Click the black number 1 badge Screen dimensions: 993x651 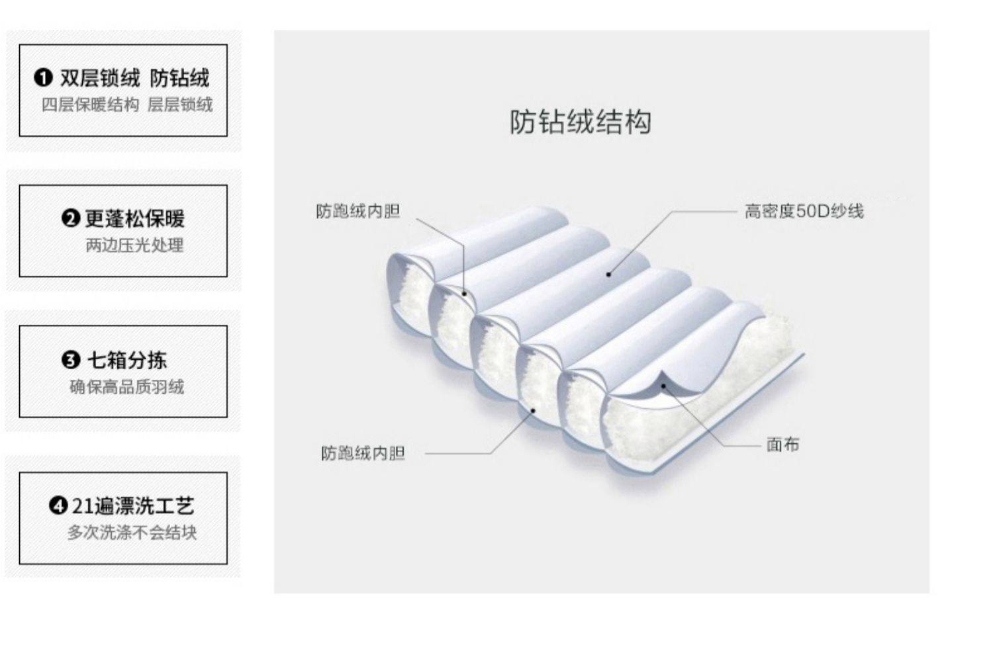(x=43, y=78)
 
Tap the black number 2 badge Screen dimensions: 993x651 (x=70, y=219)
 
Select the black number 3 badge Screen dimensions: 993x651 (x=70, y=360)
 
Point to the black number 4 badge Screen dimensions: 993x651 (x=58, y=505)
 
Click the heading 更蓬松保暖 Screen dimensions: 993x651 (x=135, y=219)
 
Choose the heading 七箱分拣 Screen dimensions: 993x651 (x=127, y=360)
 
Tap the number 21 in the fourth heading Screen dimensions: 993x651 (x=83, y=506)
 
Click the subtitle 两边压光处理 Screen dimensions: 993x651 (x=134, y=245)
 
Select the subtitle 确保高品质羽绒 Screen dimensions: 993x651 (x=127, y=387)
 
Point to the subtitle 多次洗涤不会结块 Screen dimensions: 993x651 (x=132, y=532)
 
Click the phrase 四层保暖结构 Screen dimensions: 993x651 (x=90, y=105)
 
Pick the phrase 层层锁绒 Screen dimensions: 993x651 (x=180, y=105)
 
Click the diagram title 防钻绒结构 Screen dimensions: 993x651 (x=581, y=122)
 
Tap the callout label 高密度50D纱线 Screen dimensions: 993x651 (x=804, y=212)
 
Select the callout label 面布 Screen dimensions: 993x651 (x=783, y=445)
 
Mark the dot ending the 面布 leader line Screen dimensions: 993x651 (x=663, y=386)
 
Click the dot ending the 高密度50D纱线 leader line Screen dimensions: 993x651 (x=608, y=275)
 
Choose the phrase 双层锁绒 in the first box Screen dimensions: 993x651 (x=100, y=78)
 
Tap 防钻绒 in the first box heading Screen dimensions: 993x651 (x=179, y=78)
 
